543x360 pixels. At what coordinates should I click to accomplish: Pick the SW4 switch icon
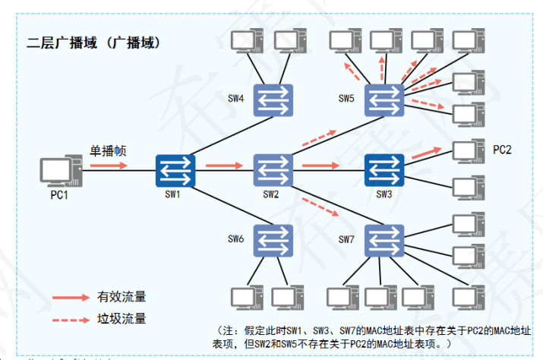(273, 99)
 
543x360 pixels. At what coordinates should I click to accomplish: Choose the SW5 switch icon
(384, 99)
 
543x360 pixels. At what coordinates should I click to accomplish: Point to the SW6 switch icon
(273, 239)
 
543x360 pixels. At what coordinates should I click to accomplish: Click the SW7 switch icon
(384, 239)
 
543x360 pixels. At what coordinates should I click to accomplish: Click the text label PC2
(502, 150)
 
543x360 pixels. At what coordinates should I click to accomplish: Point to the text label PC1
(59, 196)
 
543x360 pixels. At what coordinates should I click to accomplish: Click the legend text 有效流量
(122, 296)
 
